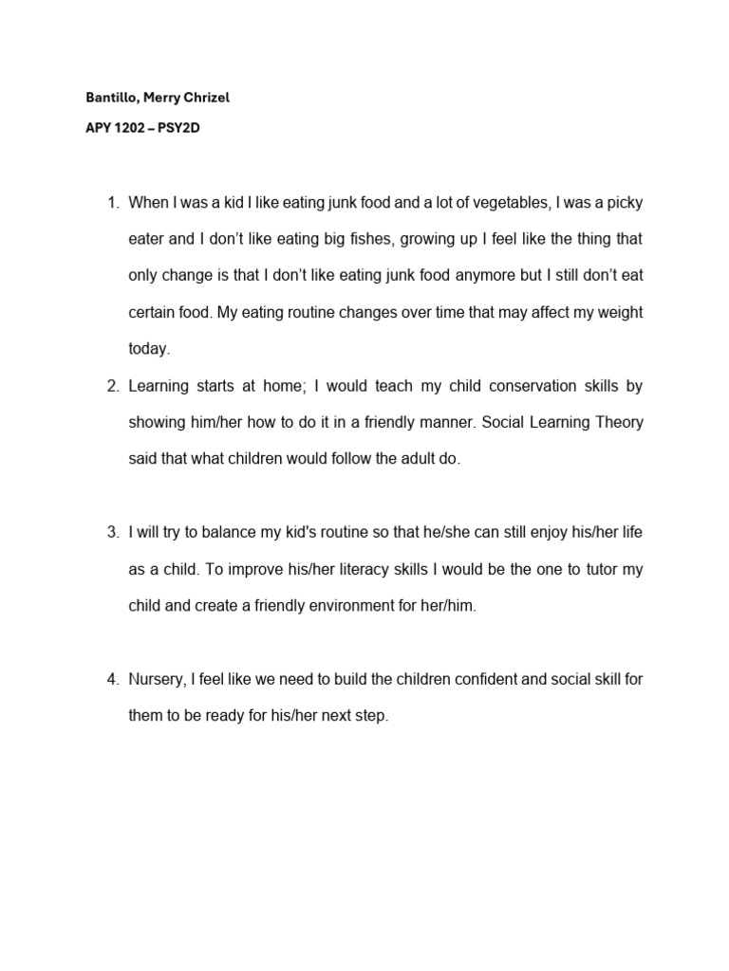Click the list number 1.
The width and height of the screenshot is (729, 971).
click(111, 204)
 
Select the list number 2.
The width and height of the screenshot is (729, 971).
click(111, 386)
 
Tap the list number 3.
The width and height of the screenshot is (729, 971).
click(111, 532)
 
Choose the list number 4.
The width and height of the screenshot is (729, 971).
click(111, 679)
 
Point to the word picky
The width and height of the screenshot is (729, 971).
click(626, 204)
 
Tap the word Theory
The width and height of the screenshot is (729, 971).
click(618, 422)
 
